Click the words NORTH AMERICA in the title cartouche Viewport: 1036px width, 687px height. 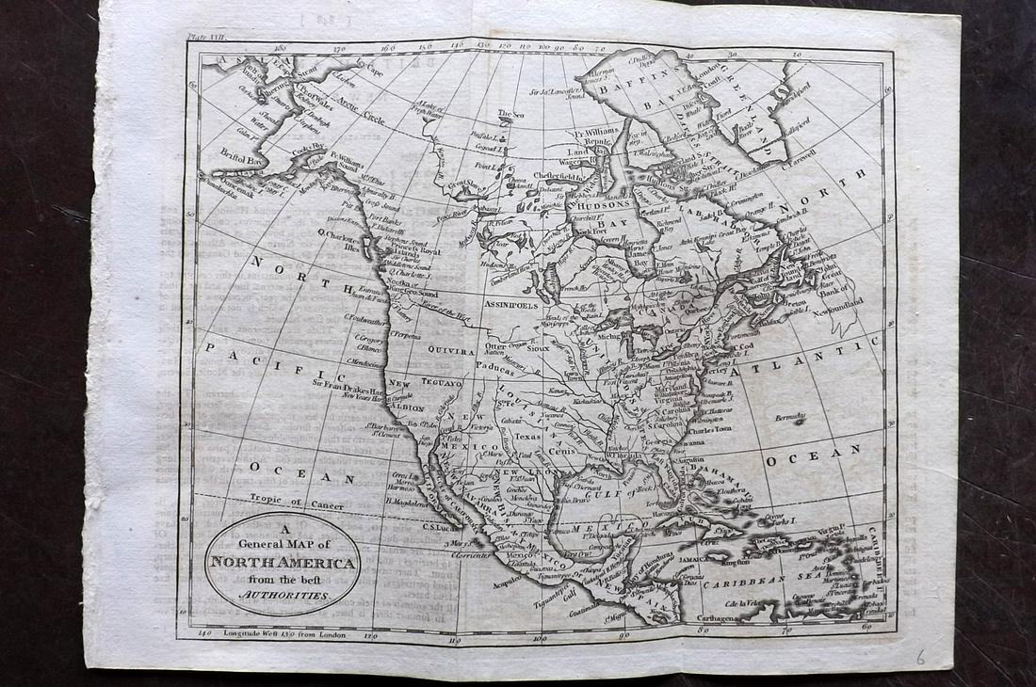[283, 565]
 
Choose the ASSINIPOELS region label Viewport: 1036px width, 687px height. [510, 306]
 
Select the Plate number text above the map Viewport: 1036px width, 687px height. [208, 37]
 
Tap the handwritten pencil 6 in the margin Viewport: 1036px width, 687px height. [920, 657]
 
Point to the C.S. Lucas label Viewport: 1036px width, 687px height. [440, 527]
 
